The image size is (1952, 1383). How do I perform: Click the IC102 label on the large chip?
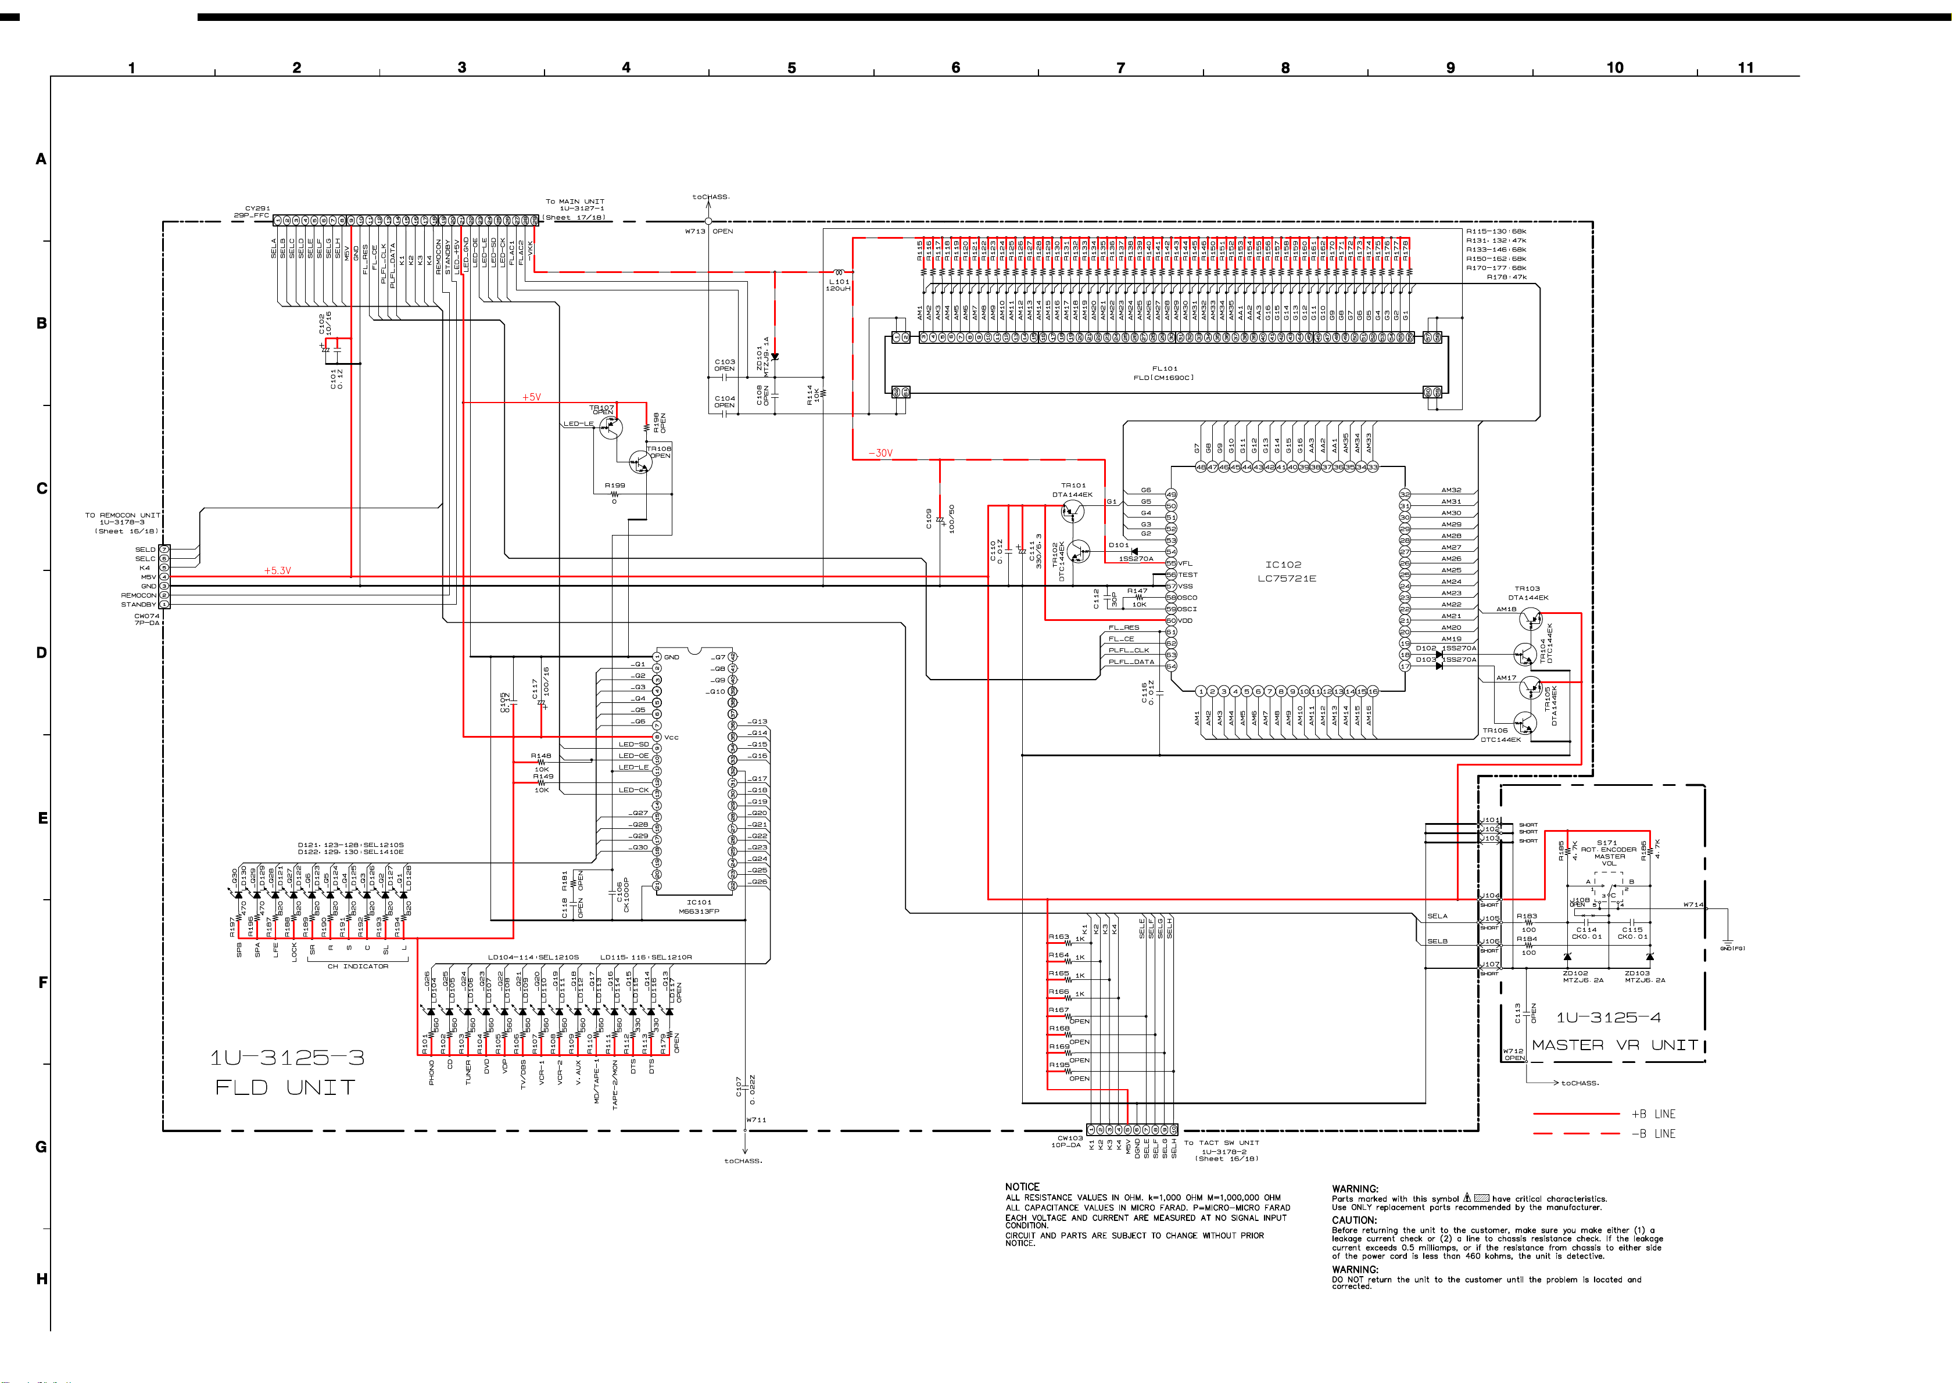[x=1283, y=565]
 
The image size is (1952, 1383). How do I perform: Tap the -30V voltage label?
[x=880, y=453]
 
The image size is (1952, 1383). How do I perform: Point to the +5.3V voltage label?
[x=277, y=570]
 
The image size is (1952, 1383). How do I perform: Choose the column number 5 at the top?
[x=791, y=68]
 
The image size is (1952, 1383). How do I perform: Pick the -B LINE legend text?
[x=1653, y=1133]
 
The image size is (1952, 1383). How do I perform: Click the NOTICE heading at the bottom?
[x=1022, y=1186]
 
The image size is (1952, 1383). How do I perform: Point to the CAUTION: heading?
[x=1355, y=1220]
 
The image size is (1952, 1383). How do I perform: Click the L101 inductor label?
[x=839, y=281]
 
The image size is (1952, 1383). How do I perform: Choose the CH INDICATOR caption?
[x=358, y=967]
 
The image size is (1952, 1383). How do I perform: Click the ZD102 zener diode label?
[x=1575, y=972]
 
